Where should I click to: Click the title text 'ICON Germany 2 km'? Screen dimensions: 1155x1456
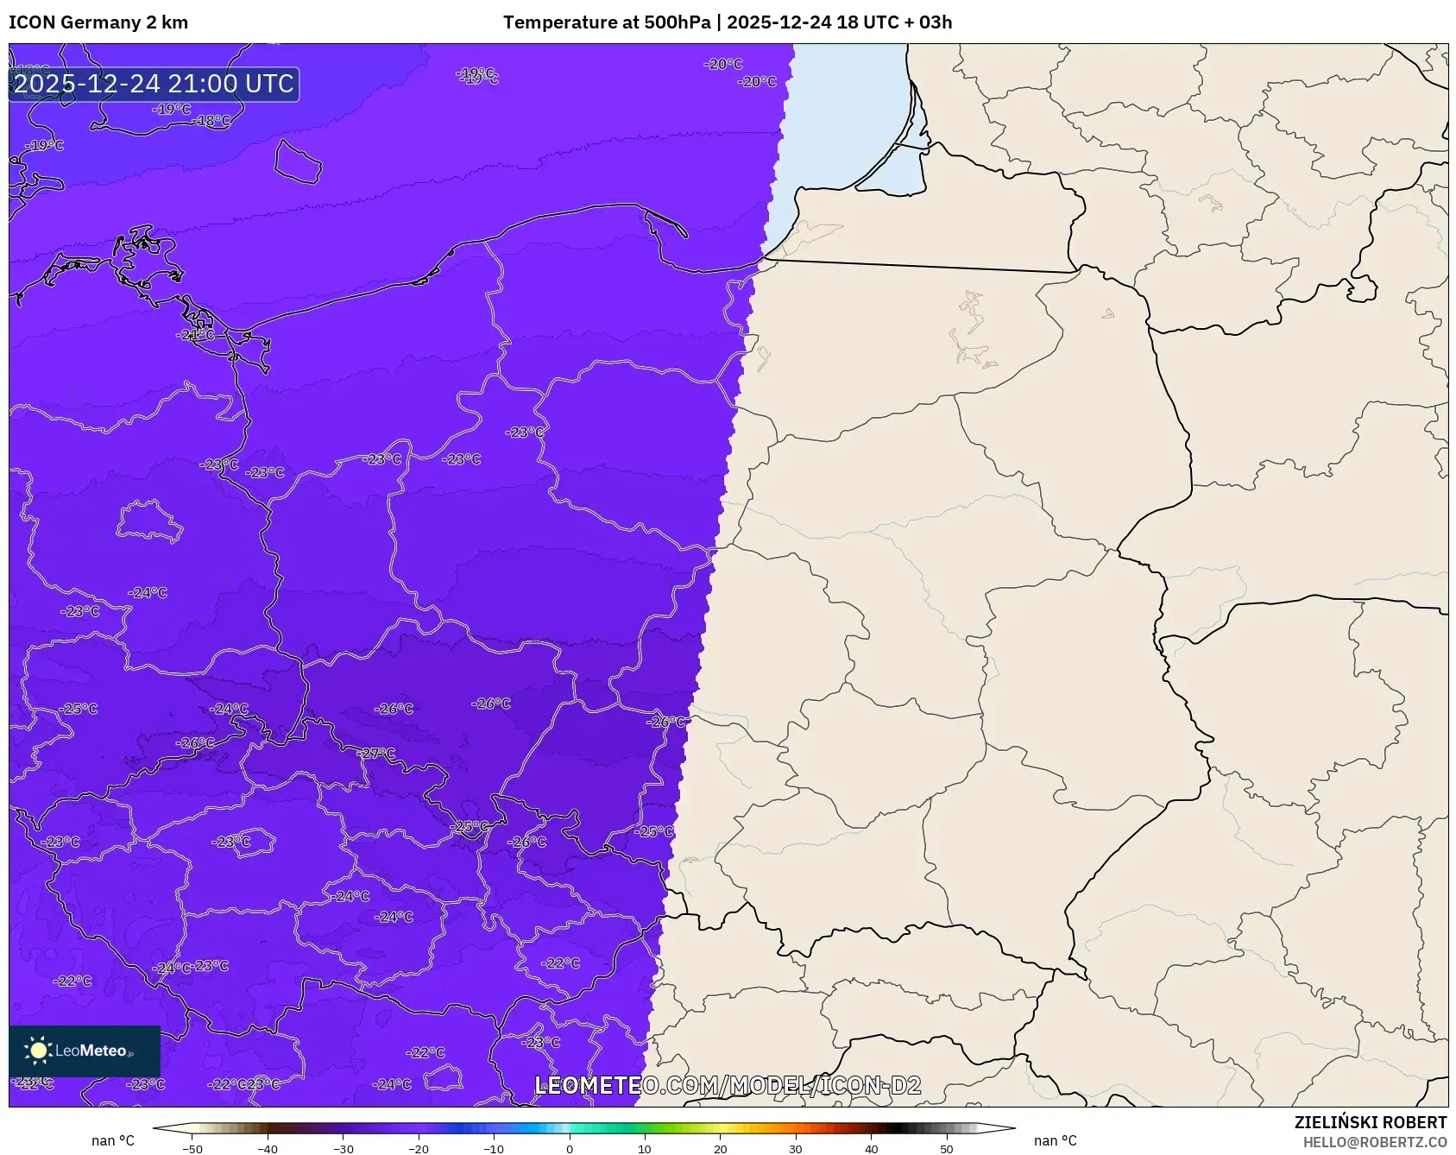[x=98, y=22]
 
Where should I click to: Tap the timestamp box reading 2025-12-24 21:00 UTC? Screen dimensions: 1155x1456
[x=154, y=84]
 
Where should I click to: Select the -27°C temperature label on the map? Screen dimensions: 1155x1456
[x=377, y=754]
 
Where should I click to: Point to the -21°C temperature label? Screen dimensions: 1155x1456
[x=197, y=335]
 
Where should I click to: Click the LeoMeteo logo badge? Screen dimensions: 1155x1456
[x=85, y=1051]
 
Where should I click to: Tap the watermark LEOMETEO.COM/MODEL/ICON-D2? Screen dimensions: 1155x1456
[x=728, y=1085]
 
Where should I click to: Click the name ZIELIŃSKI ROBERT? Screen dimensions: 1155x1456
[x=1370, y=1122]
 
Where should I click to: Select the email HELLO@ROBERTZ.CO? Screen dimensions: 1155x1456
[x=1374, y=1142]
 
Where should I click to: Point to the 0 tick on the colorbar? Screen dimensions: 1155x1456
[x=570, y=1148]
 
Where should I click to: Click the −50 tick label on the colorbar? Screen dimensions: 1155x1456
[x=192, y=1148]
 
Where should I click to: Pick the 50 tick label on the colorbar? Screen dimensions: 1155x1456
[x=947, y=1148]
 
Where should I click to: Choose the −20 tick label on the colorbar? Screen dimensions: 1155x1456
[x=419, y=1148]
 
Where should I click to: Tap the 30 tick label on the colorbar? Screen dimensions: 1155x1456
[x=796, y=1148]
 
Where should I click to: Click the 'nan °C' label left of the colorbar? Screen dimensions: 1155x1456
[x=113, y=1140]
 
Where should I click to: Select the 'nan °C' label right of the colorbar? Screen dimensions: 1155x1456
[x=1056, y=1140]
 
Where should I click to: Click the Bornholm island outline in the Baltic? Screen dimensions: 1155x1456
[x=298, y=161]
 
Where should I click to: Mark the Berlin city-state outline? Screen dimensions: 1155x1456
[x=148, y=521]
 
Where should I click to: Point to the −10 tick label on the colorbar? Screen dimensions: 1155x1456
[x=494, y=1148]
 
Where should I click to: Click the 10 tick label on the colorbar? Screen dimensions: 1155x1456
[x=645, y=1148]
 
